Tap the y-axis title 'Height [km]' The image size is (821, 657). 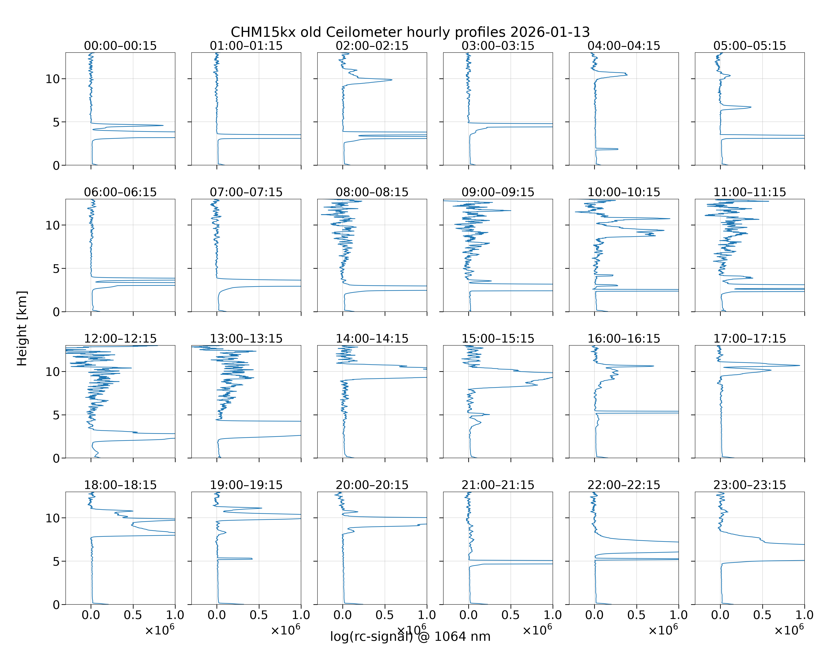[x=22, y=328]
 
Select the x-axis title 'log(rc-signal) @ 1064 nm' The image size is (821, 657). [x=410, y=636]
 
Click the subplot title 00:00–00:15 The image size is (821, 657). [x=120, y=46]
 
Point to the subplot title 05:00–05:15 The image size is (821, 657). [x=750, y=46]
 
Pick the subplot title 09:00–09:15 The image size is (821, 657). [x=498, y=192]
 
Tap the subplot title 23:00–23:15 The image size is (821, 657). [x=750, y=485]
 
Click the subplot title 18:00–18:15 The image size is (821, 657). [x=120, y=485]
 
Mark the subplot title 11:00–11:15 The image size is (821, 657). [x=750, y=192]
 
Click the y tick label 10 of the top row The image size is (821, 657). [x=53, y=79]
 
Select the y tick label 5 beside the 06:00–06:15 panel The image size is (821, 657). [x=56, y=268]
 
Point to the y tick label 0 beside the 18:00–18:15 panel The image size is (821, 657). [x=56, y=604]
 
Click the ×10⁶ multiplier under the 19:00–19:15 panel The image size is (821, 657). [x=285, y=630]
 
